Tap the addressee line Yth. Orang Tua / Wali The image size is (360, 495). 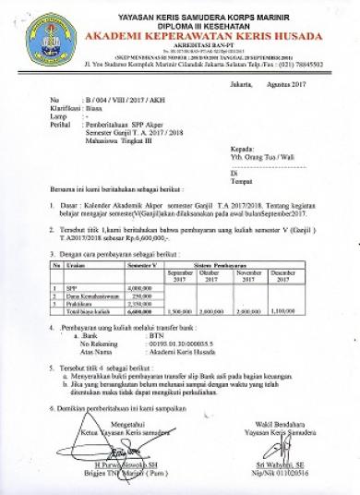[x=258, y=156]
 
